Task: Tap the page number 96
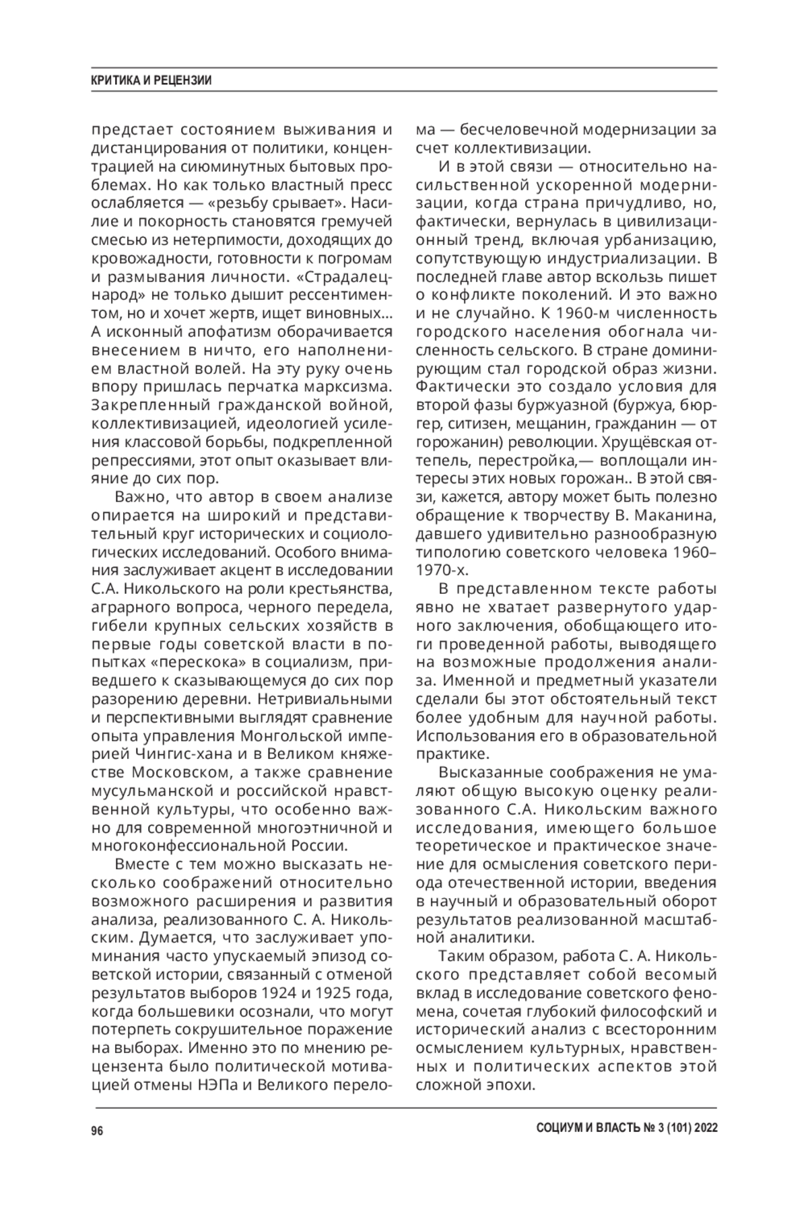coord(98,1131)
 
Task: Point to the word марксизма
coord(350,388)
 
